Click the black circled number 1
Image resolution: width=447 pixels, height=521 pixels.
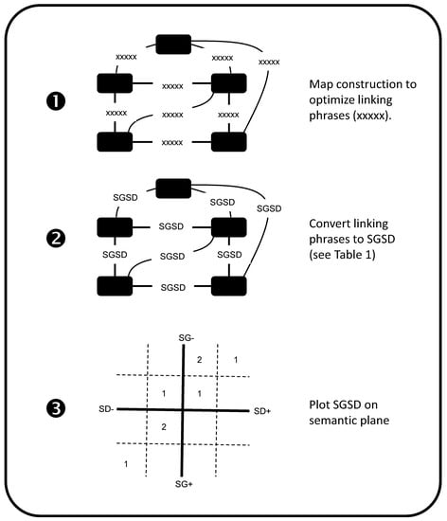click(56, 101)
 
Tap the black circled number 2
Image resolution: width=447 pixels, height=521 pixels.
click(56, 238)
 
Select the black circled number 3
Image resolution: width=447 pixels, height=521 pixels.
click(56, 408)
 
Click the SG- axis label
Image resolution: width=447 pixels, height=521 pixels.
click(187, 338)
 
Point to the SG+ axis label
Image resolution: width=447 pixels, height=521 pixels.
click(184, 484)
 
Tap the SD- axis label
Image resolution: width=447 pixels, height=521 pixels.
click(106, 409)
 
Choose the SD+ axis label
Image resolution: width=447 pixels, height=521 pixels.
click(262, 411)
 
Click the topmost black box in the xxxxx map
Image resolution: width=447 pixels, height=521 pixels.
click(173, 45)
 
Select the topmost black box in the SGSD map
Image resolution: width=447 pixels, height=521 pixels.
click(173, 189)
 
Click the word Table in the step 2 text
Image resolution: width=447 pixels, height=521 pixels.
click(349, 255)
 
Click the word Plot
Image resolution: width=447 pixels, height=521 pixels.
click(319, 404)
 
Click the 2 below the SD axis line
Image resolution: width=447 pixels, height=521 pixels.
click(164, 427)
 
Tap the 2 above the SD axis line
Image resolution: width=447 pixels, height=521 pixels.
click(199, 360)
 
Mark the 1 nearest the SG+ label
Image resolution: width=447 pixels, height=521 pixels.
click(126, 464)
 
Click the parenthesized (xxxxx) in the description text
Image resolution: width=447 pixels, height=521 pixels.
click(370, 116)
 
